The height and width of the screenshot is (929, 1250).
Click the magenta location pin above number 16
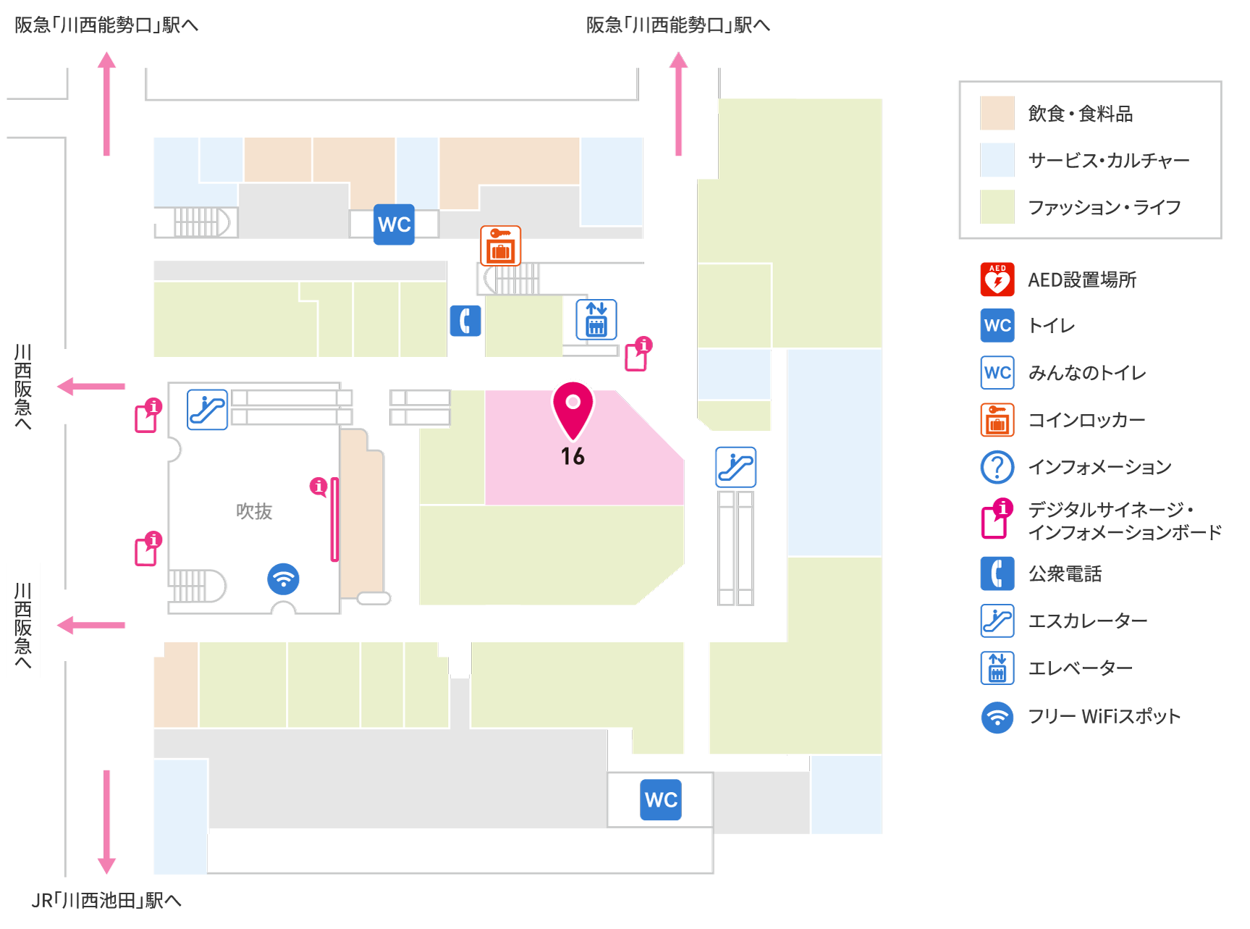coord(573,410)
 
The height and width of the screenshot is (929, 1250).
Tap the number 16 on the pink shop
coord(573,456)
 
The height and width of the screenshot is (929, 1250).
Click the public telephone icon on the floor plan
coord(465,321)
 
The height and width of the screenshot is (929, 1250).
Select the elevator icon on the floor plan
coord(596,319)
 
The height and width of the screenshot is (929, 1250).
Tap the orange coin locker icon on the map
coord(501,245)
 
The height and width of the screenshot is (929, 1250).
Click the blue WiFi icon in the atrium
coord(283,579)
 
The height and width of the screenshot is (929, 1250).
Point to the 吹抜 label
coord(254,511)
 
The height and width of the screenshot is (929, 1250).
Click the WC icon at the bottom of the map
coord(661,799)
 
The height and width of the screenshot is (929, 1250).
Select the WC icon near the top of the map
coord(394,224)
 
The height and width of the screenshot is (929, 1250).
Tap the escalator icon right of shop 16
coord(736,467)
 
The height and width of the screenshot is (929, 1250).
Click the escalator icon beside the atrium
coord(208,409)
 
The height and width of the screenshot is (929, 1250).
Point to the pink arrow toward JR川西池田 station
coord(106,822)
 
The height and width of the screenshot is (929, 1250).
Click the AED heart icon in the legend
coord(997,279)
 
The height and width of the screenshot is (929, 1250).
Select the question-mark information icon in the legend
coord(997,467)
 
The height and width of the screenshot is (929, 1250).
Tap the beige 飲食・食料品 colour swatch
coord(997,113)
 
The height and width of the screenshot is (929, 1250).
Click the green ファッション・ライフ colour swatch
coord(997,207)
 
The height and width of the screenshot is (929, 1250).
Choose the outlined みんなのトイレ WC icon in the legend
coord(997,373)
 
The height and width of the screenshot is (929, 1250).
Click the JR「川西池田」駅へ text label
coord(106,900)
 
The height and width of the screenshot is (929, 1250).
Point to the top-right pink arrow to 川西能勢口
coord(678,104)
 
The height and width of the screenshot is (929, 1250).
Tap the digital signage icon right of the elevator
coord(638,354)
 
